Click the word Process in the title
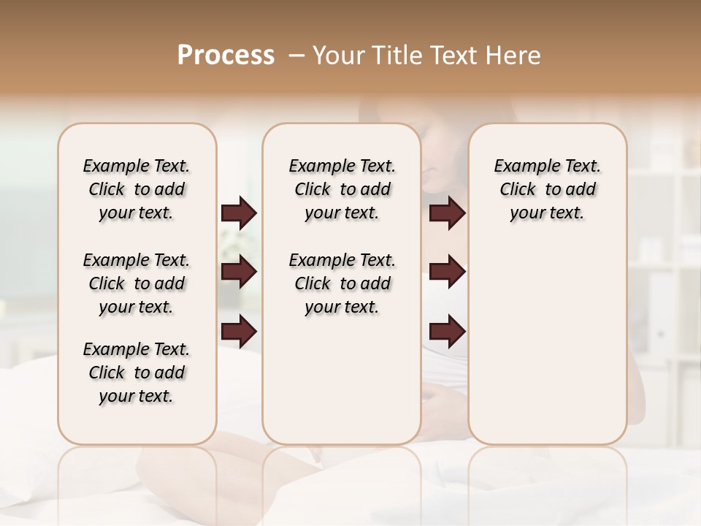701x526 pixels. click(x=226, y=56)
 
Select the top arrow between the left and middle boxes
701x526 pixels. click(x=239, y=213)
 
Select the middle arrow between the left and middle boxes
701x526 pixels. click(x=239, y=272)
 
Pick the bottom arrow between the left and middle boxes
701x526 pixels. click(x=239, y=332)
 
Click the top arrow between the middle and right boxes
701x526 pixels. click(x=447, y=213)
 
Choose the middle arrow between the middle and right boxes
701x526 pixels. click(x=447, y=272)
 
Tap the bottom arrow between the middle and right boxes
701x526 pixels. click(x=447, y=332)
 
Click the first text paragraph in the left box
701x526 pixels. click(x=137, y=189)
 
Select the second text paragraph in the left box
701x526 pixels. click(x=137, y=283)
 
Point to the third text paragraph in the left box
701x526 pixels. click(x=137, y=373)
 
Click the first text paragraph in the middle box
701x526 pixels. click(x=342, y=189)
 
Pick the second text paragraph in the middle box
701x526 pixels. click(x=342, y=283)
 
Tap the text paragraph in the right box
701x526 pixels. click(x=547, y=189)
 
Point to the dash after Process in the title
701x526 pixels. click(x=296, y=56)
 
